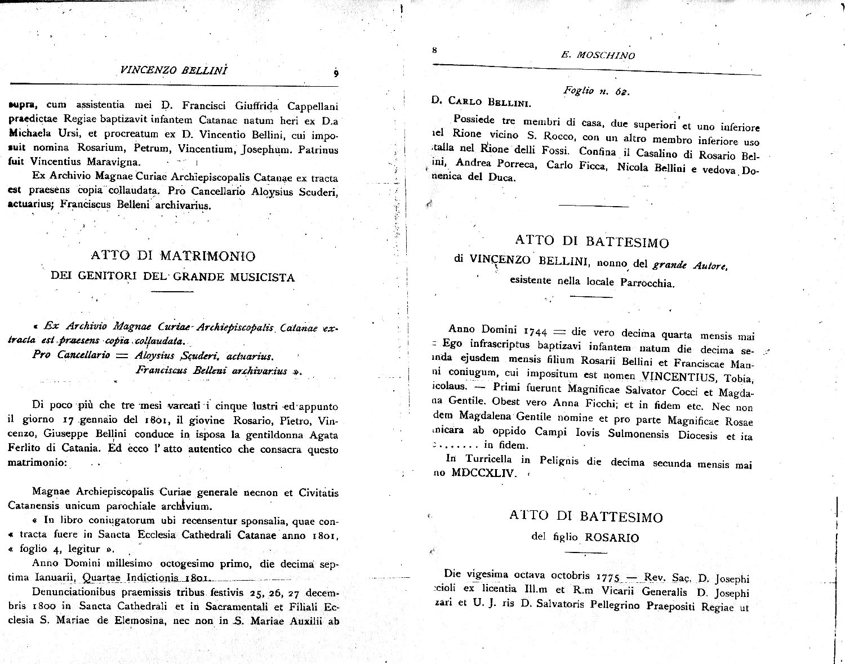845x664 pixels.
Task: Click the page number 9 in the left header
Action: point(335,73)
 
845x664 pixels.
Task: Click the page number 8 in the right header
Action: point(434,50)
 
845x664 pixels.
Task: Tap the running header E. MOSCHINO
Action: point(598,55)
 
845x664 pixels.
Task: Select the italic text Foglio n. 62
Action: point(596,91)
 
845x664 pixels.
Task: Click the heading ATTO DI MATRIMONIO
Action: point(173,256)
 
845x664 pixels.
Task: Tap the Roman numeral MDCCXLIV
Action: point(483,473)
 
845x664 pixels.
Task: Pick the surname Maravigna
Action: point(113,162)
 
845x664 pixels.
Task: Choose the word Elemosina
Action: point(147,622)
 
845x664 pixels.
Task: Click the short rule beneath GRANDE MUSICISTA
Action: point(172,291)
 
